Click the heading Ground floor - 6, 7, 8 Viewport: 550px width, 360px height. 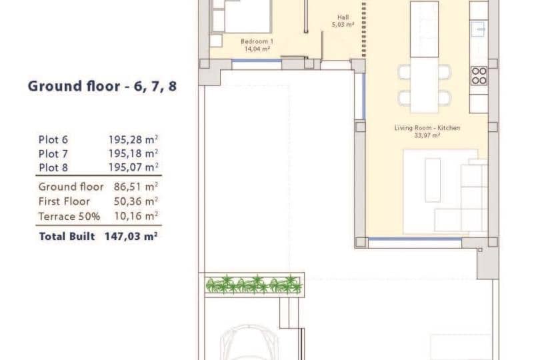[x=102, y=86]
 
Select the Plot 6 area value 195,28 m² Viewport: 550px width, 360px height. [x=133, y=140]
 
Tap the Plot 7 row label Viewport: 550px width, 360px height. [x=53, y=154]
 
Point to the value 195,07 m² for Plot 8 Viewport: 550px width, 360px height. [x=133, y=167]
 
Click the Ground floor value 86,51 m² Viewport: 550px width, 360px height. [x=133, y=187]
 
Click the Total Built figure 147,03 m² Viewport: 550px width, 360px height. [x=131, y=236]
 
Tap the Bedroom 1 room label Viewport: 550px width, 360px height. [x=256, y=41]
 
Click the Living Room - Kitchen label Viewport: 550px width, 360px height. [x=427, y=127]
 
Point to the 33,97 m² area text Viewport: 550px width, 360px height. [x=427, y=135]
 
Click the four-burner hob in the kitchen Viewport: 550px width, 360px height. [x=479, y=75]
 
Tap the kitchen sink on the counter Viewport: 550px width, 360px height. [x=479, y=29]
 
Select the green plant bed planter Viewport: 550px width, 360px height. [x=254, y=285]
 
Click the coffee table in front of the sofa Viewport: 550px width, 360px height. [x=433, y=179]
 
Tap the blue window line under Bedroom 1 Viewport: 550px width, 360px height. [x=257, y=61]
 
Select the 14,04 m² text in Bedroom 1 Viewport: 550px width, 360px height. [x=256, y=49]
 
